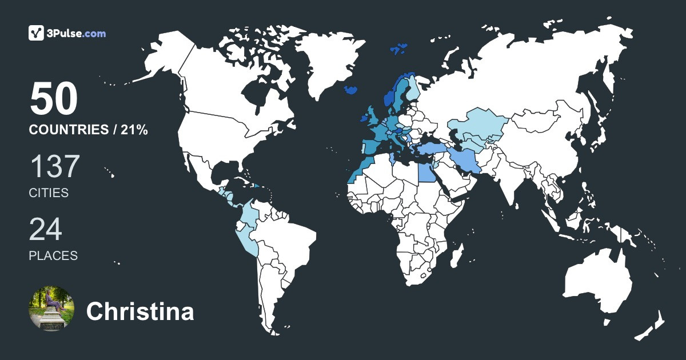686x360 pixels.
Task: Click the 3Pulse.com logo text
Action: [x=77, y=34]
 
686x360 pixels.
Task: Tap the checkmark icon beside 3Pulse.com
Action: [x=37, y=33]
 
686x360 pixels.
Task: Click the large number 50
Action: [x=54, y=99]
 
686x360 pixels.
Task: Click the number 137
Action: [x=54, y=167]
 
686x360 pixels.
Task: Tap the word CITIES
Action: [x=49, y=193]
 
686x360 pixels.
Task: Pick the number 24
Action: [x=46, y=230]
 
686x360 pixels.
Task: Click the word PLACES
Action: [x=53, y=255]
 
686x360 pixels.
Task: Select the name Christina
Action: [x=140, y=312]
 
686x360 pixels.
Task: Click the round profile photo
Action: [x=51, y=308]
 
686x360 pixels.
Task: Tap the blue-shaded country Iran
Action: [x=464, y=159]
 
